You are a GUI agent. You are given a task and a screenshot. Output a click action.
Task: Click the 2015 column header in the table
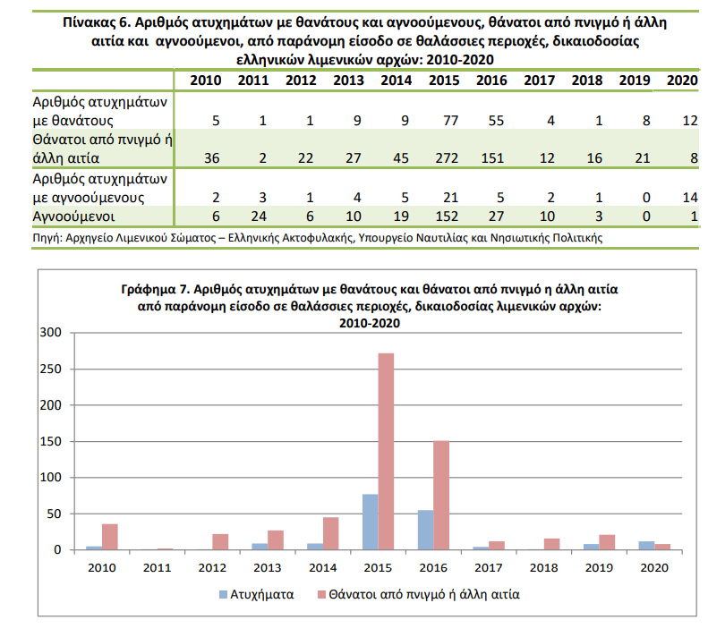(x=444, y=81)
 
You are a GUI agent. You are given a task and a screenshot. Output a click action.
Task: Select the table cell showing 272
(x=447, y=158)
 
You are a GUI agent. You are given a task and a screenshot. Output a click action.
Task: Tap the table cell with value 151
(x=492, y=158)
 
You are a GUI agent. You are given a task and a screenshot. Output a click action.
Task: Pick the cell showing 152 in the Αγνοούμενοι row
(x=447, y=217)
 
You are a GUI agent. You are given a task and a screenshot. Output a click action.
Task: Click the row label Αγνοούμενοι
(x=73, y=217)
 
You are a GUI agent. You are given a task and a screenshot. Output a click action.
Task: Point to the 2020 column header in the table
(x=682, y=81)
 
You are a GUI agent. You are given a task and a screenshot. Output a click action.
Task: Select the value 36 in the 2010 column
(x=212, y=158)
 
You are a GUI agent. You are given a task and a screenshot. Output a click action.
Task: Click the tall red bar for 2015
(x=386, y=452)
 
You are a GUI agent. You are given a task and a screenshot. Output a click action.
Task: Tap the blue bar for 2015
(x=371, y=522)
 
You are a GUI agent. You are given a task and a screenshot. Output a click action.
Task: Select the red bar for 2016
(x=441, y=496)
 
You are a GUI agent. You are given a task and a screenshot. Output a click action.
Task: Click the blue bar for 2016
(x=425, y=531)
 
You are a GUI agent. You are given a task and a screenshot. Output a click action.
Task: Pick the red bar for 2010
(x=110, y=537)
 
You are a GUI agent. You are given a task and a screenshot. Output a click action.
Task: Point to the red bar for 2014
(x=330, y=534)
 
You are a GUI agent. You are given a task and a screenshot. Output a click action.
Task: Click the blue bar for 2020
(x=646, y=546)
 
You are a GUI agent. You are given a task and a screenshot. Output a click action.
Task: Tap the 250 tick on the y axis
(x=50, y=369)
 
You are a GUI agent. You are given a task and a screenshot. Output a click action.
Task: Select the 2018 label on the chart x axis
(x=544, y=567)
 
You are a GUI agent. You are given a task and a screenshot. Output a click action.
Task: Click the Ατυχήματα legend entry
(x=257, y=594)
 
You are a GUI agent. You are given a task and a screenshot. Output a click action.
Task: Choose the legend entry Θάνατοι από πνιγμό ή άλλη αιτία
(x=419, y=594)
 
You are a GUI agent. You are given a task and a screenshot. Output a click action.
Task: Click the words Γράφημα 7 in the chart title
(x=156, y=289)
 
